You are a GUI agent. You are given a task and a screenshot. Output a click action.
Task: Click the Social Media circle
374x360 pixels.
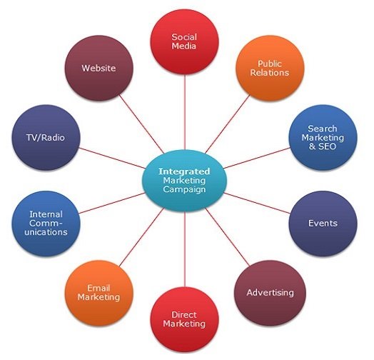point(185,41)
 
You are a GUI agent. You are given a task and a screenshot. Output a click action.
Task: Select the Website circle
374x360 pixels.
point(98,68)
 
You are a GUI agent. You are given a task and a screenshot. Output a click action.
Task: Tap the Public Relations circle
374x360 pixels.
point(270,68)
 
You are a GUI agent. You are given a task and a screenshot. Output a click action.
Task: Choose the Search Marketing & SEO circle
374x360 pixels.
point(323,138)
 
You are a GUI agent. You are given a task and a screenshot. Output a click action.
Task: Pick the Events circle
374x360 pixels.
point(323,224)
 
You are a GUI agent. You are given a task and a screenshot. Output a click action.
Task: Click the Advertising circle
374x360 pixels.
point(270,293)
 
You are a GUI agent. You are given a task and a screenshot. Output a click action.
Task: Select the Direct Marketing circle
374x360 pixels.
point(185,319)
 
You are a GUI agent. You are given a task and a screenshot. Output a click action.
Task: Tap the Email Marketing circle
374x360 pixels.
point(98,293)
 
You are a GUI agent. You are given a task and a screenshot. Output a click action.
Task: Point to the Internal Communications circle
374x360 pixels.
point(46,224)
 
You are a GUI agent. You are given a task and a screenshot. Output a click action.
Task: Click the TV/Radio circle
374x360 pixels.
point(46,138)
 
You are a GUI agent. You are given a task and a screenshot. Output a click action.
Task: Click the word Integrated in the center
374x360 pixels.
point(184,171)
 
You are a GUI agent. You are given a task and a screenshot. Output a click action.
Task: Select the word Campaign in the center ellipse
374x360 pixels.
point(184,189)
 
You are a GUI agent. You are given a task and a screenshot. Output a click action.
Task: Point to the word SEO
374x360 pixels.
point(327,146)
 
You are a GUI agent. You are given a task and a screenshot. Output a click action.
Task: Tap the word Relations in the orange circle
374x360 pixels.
point(270,73)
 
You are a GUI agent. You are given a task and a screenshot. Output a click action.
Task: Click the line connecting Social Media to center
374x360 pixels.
point(185,112)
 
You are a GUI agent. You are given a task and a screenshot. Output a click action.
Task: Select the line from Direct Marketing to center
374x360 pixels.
point(185,249)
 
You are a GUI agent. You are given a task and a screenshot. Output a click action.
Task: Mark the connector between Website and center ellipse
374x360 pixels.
point(141,124)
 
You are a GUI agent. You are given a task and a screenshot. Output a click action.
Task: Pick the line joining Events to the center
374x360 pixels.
point(257,203)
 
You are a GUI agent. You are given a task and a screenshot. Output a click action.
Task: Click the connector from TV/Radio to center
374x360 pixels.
point(112,158)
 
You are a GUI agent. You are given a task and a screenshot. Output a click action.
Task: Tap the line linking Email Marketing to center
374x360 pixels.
point(141,237)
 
